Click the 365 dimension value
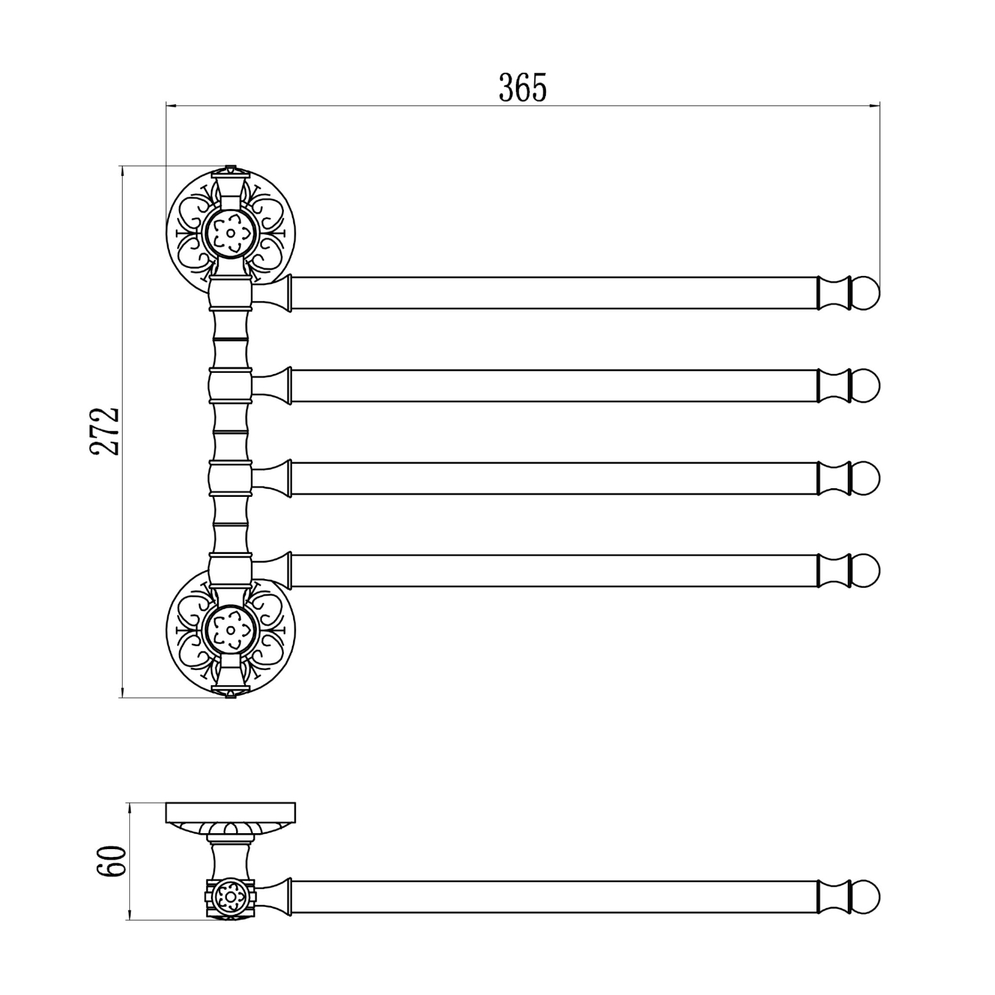(523, 88)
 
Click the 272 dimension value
(105, 431)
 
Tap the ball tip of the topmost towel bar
(866, 293)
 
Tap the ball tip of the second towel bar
(866, 385)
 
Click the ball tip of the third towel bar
(866, 478)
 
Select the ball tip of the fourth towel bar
(866, 570)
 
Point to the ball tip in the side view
(866, 897)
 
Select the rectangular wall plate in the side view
(231, 813)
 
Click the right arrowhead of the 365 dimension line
(875, 105)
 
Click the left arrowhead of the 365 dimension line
(170, 105)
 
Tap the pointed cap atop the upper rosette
(231, 170)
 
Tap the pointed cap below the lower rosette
(231, 693)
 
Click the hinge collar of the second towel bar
(231, 385)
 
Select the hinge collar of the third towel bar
(231, 478)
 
